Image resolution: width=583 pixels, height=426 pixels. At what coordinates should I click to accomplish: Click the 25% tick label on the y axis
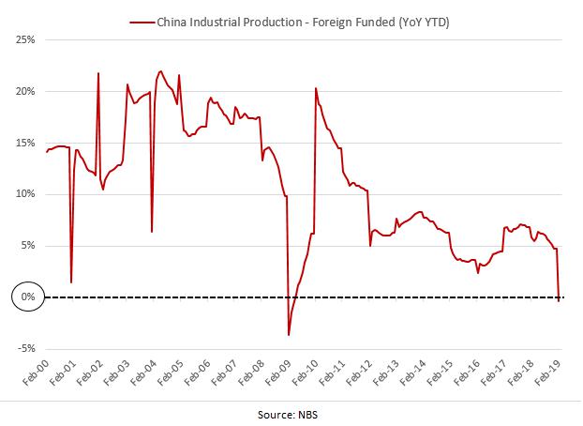pyautogui.click(x=23, y=40)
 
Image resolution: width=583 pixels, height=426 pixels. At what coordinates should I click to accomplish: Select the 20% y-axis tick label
pyautogui.click(x=23, y=92)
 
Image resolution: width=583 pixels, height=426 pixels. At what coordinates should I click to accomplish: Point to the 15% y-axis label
pyautogui.click(x=23, y=143)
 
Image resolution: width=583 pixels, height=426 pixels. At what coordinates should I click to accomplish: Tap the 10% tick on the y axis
pyautogui.click(x=23, y=194)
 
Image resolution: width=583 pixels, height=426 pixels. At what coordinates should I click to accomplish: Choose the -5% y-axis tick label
pyautogui.click(x=24, y=348)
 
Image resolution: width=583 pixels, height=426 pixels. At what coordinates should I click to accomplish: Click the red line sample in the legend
pyautogui.click(x=142, y=20)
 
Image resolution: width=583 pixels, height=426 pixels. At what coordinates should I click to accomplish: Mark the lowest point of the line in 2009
pyautogui.click(x=289, y=335)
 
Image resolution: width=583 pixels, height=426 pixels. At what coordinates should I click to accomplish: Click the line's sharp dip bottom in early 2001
pyautogui.click(x=71, y=281)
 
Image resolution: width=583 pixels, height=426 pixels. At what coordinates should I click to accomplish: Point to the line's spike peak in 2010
pyautogui.click(x=315, y=88)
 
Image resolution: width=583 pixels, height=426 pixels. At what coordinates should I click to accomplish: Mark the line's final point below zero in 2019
pyautogui.click(x=559, y=301)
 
